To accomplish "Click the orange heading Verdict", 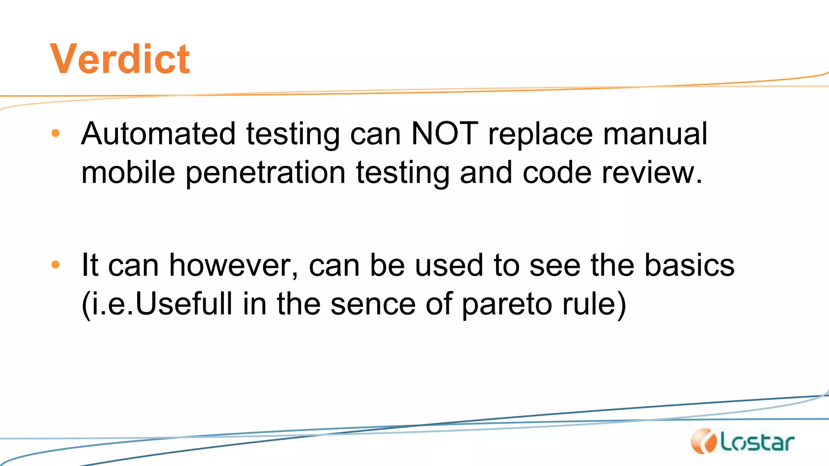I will (120, 59).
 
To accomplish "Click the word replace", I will (540, 134).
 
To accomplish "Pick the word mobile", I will (128, 173).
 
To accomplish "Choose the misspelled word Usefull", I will (184, 303).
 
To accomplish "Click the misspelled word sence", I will (373, 304).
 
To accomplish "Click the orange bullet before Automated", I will (55, 133).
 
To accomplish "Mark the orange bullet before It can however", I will (55, 265).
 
